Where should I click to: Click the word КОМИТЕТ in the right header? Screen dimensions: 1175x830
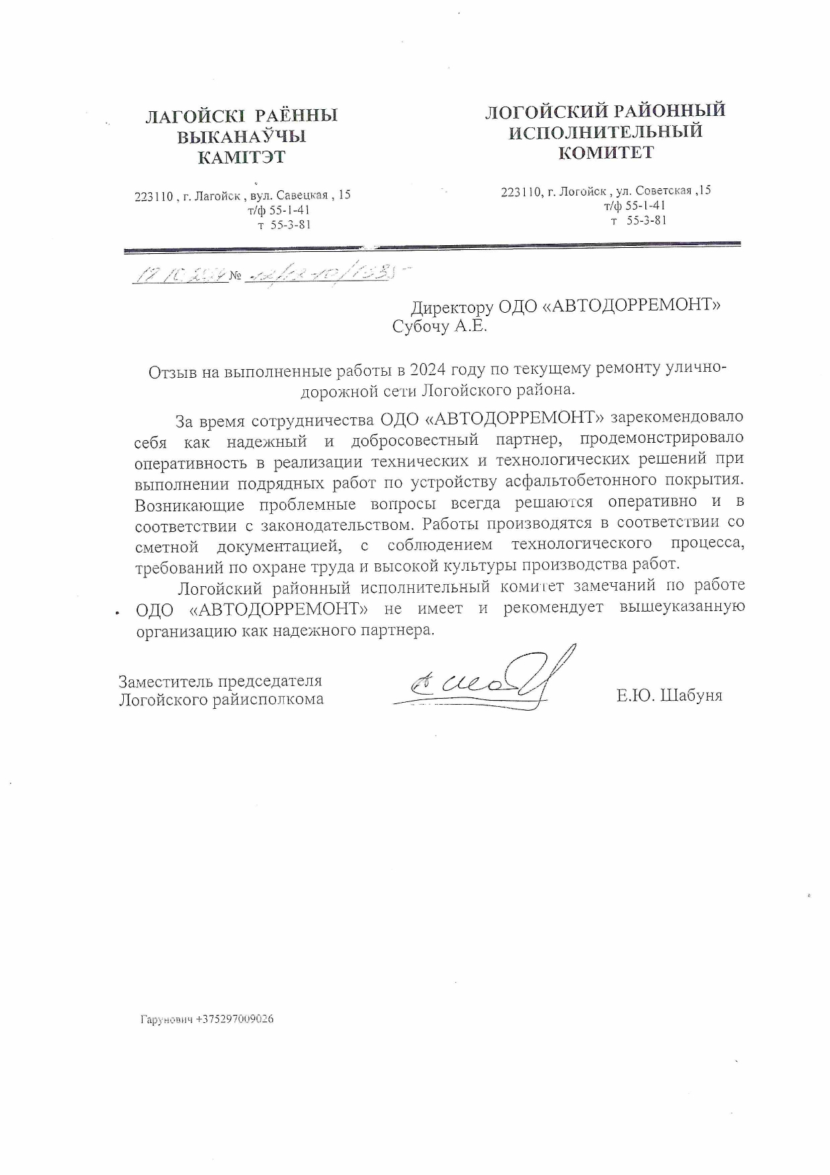[x=606, y=153]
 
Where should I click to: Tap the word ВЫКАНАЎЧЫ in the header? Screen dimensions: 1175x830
[x=241, y=137]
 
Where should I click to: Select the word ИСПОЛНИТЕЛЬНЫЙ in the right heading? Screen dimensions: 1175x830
[x=606, y=131]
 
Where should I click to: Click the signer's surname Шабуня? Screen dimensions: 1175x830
[x=691, y=695]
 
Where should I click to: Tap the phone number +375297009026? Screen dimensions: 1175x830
[x=235, y=1019]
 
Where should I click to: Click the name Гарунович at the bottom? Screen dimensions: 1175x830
[x=167, y=1019]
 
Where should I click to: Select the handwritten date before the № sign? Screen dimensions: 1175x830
[x=180, y=275]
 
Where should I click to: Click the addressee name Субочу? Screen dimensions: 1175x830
[x=422, y=327]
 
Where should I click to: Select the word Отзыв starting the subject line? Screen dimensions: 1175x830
[x=171, y=372]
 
